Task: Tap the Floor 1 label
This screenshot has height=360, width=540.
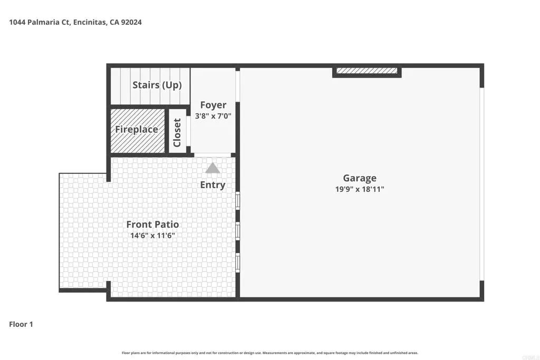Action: pos(21,324)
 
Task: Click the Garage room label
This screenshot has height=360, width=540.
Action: pos(360,178)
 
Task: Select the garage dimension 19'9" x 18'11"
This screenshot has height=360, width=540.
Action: pos(360,189)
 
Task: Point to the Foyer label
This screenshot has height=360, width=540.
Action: pos(213,105)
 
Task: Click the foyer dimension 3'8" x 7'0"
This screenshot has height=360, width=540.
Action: pos(213,115)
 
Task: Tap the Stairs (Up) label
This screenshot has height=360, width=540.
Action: pos(157,85)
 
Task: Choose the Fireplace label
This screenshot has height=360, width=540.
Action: pos(137,130)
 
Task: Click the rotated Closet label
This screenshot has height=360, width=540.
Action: pos(177,132)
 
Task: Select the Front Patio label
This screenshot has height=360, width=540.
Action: pos(152,225)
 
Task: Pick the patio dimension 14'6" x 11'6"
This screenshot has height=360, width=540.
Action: pos(152,236)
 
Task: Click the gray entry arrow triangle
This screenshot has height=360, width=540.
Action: pos(213,168)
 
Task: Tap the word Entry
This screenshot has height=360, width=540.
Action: pos(213,185)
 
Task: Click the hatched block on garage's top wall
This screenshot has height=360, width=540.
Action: pos(367,71)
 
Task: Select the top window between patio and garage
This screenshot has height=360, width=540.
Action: pos(238,200)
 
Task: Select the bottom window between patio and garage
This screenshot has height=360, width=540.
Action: pos(238,262)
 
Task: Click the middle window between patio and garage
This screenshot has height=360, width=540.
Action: pos(238,231)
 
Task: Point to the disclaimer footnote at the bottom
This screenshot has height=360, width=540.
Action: pos(270,353)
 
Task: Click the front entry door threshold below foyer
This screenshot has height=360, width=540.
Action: pos(213,155)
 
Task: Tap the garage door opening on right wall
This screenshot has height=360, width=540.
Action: pos(481,184)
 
